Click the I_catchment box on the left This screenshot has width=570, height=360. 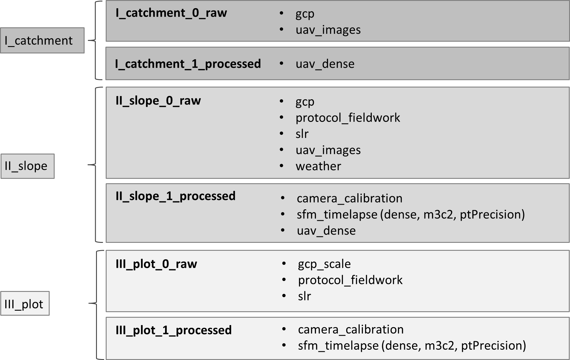pyautogui.click(x=42, y=41)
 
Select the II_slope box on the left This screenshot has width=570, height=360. pyautogui.click(x=27, y=166)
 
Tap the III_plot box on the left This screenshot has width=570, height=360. pyautogui.click(x=25, y=304)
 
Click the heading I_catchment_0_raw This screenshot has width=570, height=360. pyautogui.click(x=171, y=13)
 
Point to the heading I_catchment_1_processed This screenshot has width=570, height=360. pyautogui.click(x=188, y=64)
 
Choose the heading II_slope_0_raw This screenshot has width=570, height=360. pyautogui.click(x=158, y=101)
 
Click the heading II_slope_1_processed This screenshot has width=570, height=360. pyautogui.click(x=175, y=196)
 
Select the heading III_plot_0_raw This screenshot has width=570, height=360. pyautogui.click(x=156, y=264)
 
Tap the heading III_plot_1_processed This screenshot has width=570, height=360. pyautogui.click(x=174, y=330)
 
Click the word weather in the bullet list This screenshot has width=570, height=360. pyautogui.click(x=318, y=166)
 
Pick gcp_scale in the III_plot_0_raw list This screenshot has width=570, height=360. pyautogui.click(x=324, y=264)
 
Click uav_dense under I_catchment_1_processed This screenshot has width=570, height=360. pyautogui.click(x=325, y=64)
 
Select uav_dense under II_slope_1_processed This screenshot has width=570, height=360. pyautogui.click(x=326, y=231)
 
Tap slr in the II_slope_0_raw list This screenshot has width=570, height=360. pyautogui.click(x=302, y=134)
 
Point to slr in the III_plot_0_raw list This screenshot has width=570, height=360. pyautogui.click(x=304, y=296)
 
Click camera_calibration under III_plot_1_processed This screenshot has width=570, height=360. pyautogui.click(x=351, y=329)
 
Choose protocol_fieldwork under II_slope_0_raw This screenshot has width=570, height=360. pyautogui.click(x=348, y=118)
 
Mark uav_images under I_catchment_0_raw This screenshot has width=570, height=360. pyautogui.click(x=328, y=30)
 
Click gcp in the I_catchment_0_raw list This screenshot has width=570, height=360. pyautogui.click(x=305, y=14)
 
